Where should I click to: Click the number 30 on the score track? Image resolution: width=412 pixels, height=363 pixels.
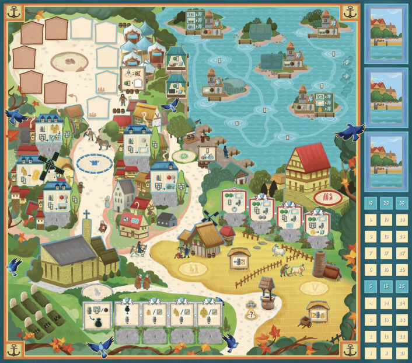(400, 202)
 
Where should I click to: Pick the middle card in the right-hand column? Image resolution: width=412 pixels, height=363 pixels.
(385, 97)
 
